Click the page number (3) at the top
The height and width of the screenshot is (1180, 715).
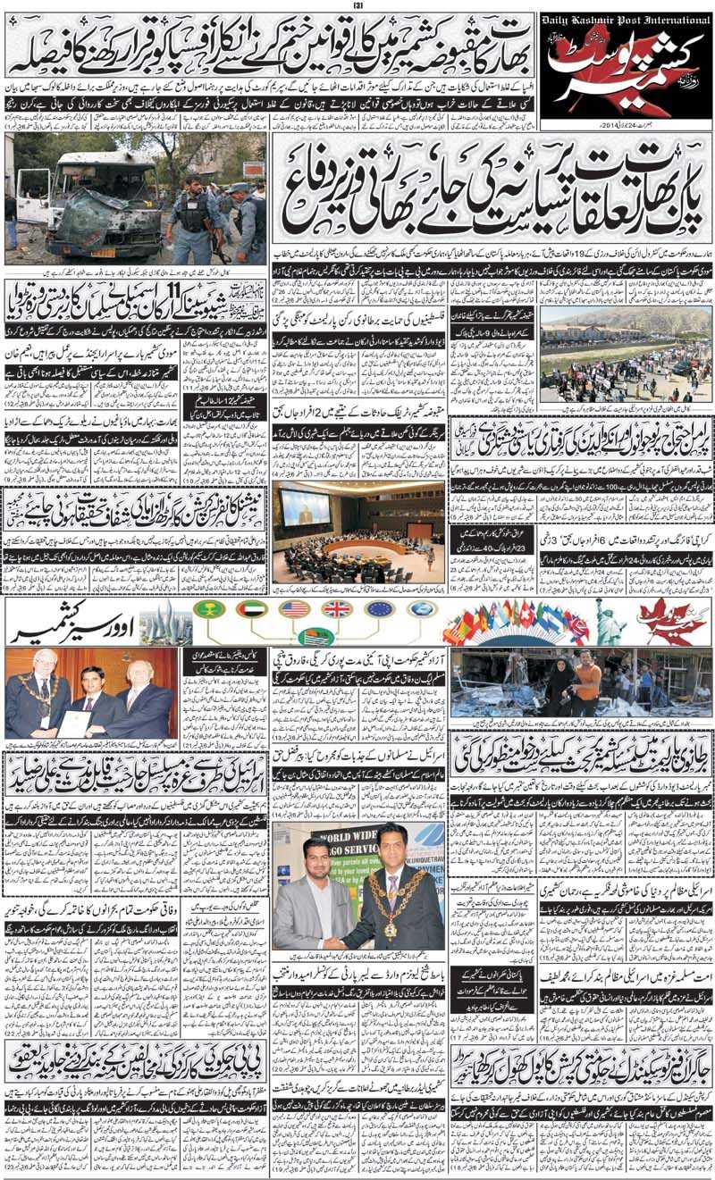[x=357, y=5]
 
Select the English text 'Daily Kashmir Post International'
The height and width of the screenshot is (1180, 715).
[x=625, y=19]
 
